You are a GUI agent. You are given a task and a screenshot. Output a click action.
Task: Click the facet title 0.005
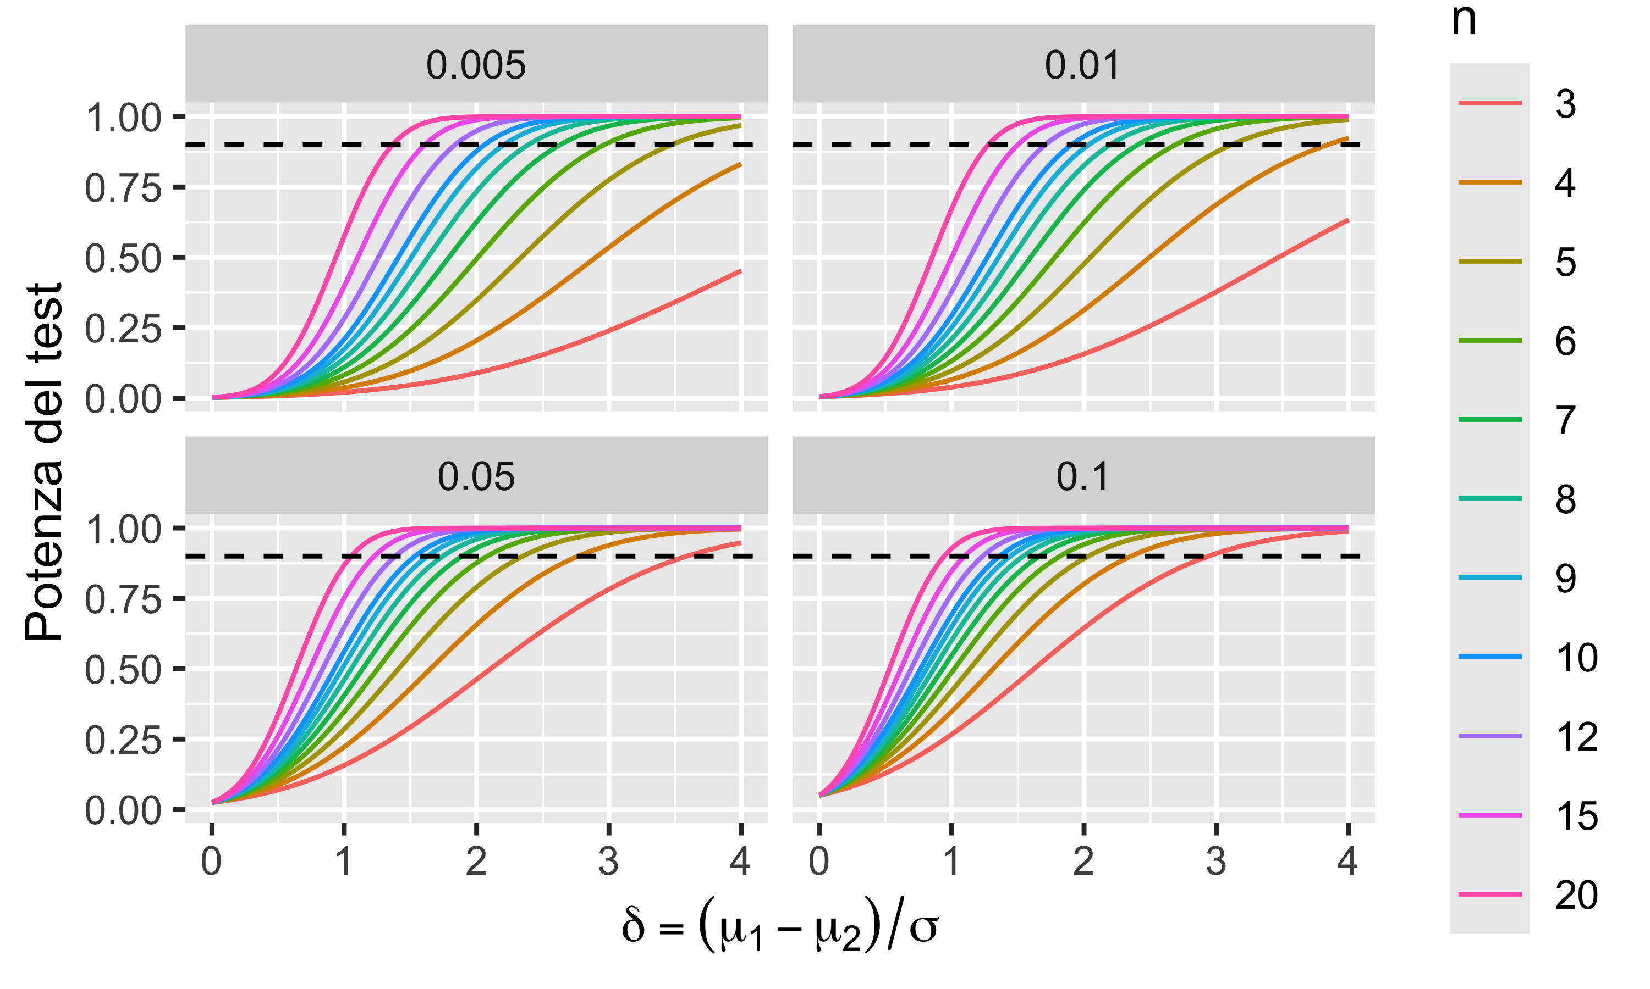476,65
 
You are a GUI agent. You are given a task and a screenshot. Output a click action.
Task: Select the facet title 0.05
476,477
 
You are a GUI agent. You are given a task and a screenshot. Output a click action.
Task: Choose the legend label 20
1576,894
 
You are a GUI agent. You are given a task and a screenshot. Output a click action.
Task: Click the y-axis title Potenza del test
43,462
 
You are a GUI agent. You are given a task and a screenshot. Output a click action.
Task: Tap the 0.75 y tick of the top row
123,188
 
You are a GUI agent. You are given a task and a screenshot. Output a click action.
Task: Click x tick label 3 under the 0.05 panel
608,861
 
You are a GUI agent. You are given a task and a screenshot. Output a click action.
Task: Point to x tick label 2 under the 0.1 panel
1083,861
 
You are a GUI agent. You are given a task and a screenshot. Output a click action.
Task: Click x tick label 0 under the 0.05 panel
211,861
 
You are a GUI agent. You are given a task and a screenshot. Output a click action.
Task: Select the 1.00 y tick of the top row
123,118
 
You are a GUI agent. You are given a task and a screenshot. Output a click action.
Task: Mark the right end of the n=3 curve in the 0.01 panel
1348,220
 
